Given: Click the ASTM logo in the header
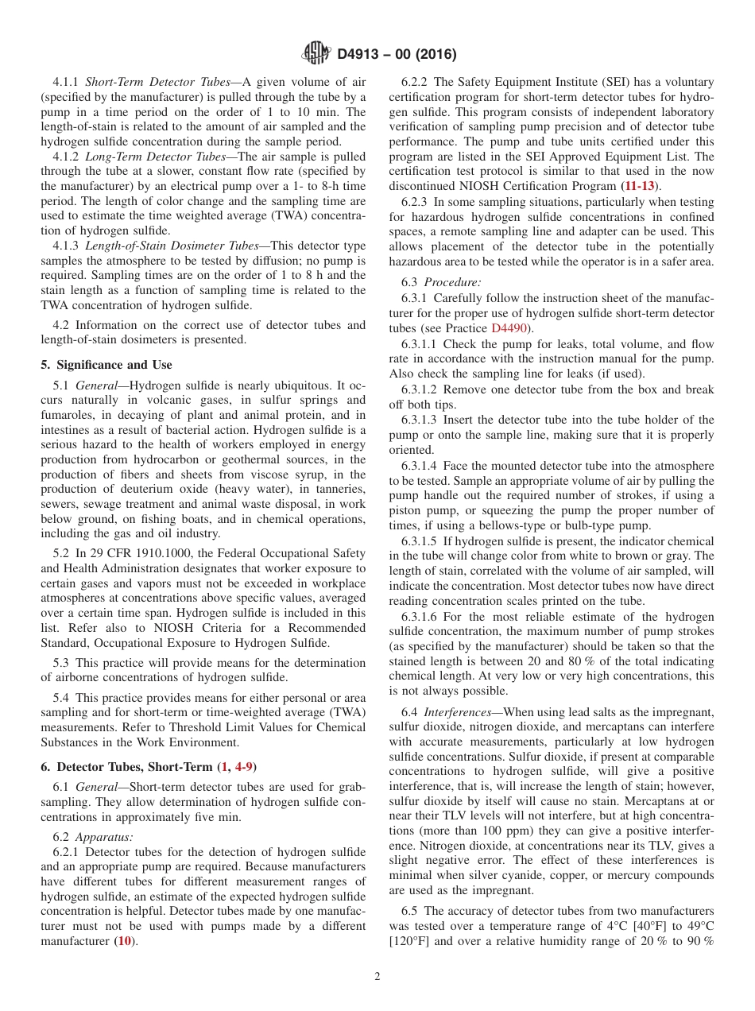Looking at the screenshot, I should click(317, 54).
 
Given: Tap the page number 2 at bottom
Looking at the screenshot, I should click(377, 977).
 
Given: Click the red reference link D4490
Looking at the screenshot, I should click(513, 328).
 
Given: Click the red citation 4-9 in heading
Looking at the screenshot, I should click(240, 767).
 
